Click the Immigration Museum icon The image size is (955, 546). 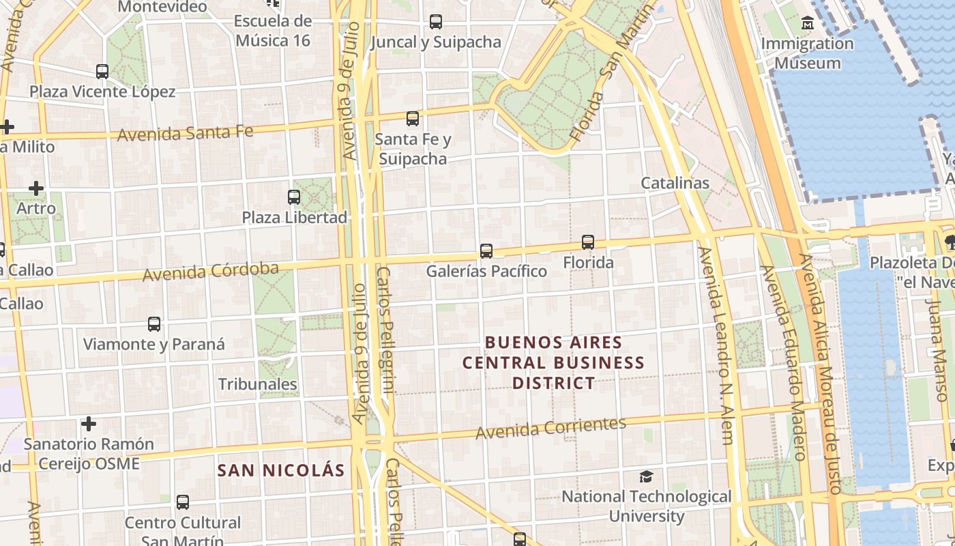coord(808,23)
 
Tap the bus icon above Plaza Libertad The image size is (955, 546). coord(294,197)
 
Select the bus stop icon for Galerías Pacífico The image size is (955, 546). coord(486,251)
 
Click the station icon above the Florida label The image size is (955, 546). coord(588,242)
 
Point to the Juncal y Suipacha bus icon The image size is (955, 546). coord(436,22)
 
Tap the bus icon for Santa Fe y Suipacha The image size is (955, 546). coord(413,119)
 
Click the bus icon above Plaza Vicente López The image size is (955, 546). coord(102,72)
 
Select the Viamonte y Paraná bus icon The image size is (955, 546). coord(154,324)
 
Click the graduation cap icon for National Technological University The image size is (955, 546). coord(646,476)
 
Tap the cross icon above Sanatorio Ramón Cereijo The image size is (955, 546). coord(89,424)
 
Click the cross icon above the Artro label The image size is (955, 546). coord(36,188)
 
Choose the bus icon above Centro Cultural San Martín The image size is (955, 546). coord(183,502)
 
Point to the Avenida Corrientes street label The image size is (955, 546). coord(550,428)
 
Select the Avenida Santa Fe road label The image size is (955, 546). coord(185,132)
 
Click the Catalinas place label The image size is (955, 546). coord(675,183)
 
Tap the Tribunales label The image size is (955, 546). coord(257,384)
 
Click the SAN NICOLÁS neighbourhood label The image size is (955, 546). coord(281,470)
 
